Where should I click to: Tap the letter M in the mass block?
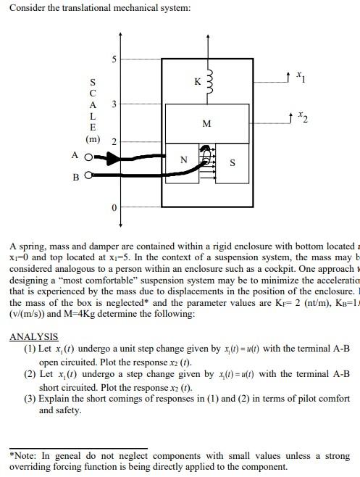click(207, 124)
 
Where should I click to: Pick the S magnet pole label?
click(232, 163)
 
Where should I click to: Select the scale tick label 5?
click(114, 59)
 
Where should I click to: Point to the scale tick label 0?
click(114, 209)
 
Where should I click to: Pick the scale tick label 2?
click(114, 140)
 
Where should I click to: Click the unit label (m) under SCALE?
click(93, 138)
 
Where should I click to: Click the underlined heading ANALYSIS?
click(33, 337)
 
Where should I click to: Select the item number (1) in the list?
click(30, 349)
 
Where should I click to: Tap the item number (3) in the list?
click(30, 398)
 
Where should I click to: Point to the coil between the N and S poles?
click(207, 164)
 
